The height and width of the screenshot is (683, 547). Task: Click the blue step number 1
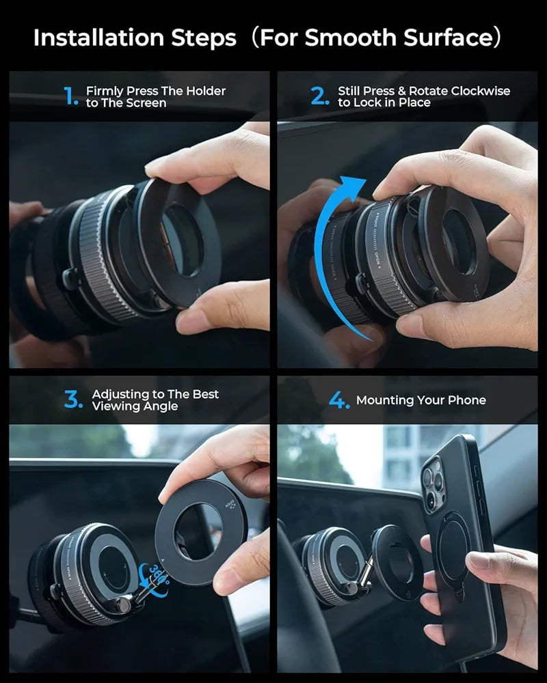pos(71,97)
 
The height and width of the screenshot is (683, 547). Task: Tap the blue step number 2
pos(320,97)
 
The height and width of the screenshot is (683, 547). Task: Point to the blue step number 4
pos(338,400)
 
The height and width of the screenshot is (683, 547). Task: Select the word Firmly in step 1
pos(105,91)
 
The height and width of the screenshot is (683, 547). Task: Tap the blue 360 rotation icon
pos(156,578)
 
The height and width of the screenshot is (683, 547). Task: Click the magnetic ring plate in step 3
pos(198,533)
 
